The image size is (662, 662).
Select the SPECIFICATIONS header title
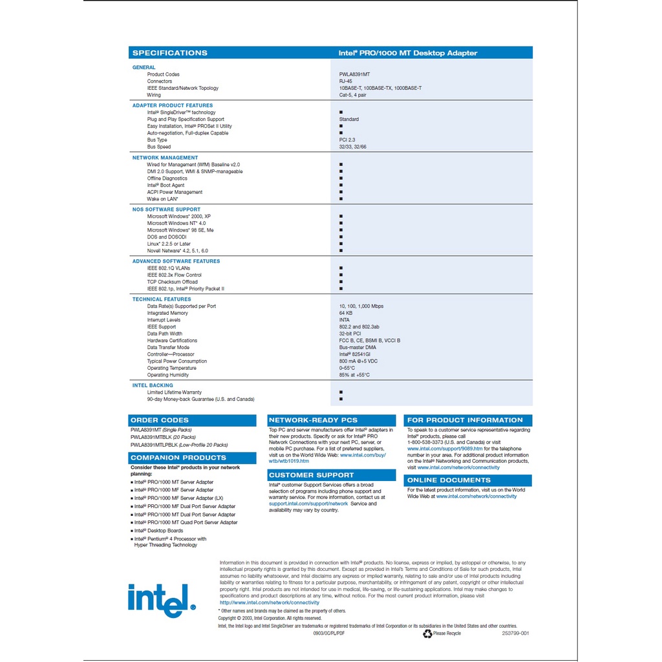(169, 53)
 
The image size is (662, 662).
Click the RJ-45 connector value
(346, 81)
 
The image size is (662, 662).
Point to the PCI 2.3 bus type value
(347, 140)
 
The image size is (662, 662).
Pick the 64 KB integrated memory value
(346, 313)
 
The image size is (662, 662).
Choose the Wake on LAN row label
(162, 199)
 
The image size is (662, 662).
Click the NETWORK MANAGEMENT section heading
(165, 158)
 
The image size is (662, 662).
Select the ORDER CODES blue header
(159, 420)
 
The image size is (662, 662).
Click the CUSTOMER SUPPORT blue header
(312, 475)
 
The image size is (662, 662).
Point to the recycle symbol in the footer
(427, 634)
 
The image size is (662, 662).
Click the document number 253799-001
(515, 634)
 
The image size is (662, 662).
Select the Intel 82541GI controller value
(355, 354)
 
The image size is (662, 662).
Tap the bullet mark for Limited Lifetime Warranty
(341, 392)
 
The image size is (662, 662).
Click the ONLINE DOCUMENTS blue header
(449, 480)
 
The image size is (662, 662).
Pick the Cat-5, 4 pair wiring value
(354, 95)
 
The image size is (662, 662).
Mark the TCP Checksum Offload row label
(173, 282)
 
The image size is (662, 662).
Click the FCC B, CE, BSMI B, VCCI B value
(370, 341)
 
